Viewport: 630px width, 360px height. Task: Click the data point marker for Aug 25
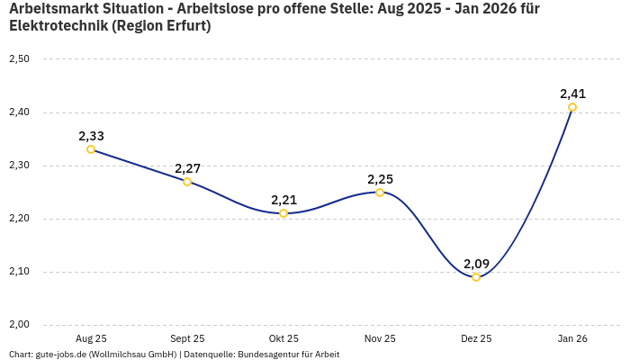(91, 149)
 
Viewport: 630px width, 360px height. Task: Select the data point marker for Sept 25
(187, 182)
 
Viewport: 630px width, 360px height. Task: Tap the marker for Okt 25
(283, 213)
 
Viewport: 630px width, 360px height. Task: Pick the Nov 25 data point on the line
(380, 193)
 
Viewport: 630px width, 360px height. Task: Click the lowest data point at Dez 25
(476, 277)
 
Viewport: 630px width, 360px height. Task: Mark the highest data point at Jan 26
(572, 107)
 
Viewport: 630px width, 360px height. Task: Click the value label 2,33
(91, 136)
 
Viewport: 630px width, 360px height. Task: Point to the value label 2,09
(476, 264)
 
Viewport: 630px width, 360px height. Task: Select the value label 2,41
(572, 94)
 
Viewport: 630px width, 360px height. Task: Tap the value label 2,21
(283, 200)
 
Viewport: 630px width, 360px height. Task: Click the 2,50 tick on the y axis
(19, 59)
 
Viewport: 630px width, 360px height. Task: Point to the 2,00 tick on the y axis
(19, 325)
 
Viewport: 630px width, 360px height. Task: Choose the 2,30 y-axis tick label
(19, 166)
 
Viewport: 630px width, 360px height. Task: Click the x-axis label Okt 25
(283, 338)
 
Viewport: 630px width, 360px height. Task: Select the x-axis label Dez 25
(476, 338)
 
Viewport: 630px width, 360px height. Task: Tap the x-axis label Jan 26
(572, 338)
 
